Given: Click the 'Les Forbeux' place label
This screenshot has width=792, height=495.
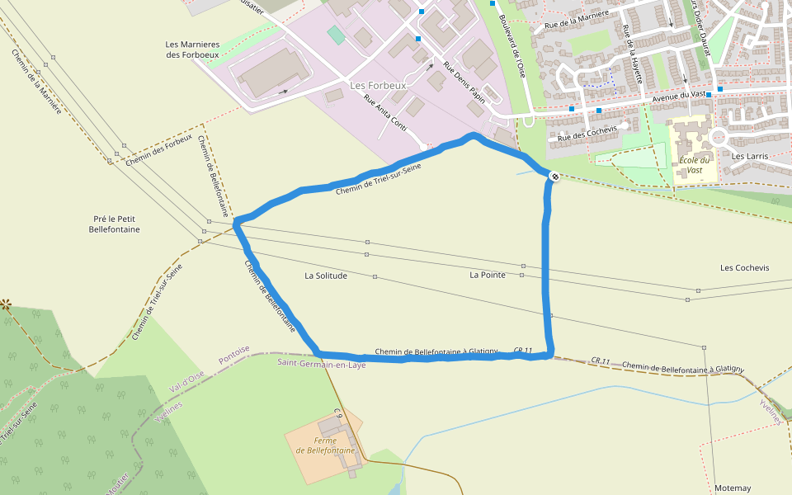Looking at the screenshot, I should pyautogui.click(x=379, y=85).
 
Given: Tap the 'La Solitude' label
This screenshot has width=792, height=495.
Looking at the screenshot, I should pyautogui.click(x=326, y=276).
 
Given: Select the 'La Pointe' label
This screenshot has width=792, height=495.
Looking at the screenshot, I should pyautogui.click(x=488, y=274).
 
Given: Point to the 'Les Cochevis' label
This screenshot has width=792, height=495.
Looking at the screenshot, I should pyautogui.click(x=744, y=268).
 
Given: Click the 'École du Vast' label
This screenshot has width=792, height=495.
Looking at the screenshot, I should pyautogui.click(x=694, y=165).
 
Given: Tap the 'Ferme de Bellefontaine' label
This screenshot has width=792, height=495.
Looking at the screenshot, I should pyautogui.click(x=326, y=446).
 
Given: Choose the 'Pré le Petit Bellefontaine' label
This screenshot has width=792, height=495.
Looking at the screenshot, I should pyautogui.click(x=114, y=224).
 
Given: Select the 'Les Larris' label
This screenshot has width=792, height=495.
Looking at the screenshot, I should pyautogui.click(x=750, y=156).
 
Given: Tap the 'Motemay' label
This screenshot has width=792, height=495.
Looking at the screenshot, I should pyautogui.click(x=733, y=488).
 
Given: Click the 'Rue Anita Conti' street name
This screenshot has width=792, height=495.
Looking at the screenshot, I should pyautogui.click(x=386, y=116).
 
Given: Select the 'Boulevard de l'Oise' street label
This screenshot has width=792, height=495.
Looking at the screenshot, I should pyautogui.click(x=511, y=49).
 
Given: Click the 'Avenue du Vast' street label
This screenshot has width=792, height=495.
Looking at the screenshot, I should pyautogui.click(x=679, y=97).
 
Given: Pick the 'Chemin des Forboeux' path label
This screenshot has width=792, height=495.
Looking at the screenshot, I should pyautogui.click(x=159, y=148).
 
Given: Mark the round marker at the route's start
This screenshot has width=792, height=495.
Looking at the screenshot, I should pyautogui.click(x=554, y=175).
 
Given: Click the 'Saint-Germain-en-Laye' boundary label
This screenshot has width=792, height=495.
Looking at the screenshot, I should pyautogui.click(x=321, y=363).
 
